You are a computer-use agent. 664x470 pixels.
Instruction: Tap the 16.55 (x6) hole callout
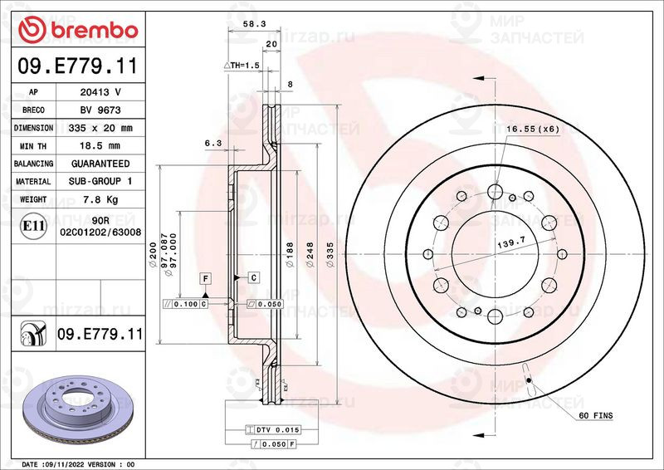pos(533,129)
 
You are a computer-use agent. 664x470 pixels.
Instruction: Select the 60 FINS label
pos(596,414)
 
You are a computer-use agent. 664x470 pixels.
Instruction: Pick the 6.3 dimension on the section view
pos(212,143)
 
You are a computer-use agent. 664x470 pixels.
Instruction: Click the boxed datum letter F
pos(203,276)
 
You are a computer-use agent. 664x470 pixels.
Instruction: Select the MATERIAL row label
pos(33,182)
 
